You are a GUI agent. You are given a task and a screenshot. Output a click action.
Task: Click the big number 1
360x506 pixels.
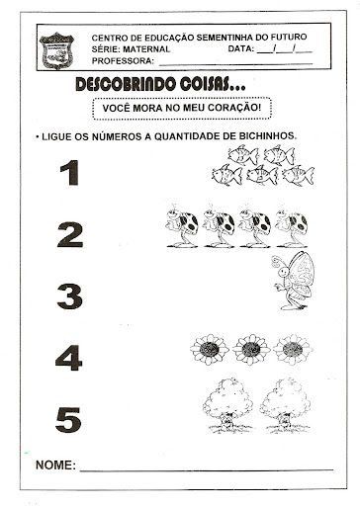tap(68, 176)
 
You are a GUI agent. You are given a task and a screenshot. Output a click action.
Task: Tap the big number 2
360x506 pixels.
tap(69, 235)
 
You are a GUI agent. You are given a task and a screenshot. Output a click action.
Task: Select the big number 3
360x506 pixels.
tap(69, 295)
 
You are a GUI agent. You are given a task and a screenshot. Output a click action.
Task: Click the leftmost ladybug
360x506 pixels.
tap(181, 226)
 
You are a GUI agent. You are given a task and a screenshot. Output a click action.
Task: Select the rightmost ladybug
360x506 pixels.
tap(293, 226)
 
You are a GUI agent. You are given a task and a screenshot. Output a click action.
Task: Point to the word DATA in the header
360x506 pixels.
tap(240, 48)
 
